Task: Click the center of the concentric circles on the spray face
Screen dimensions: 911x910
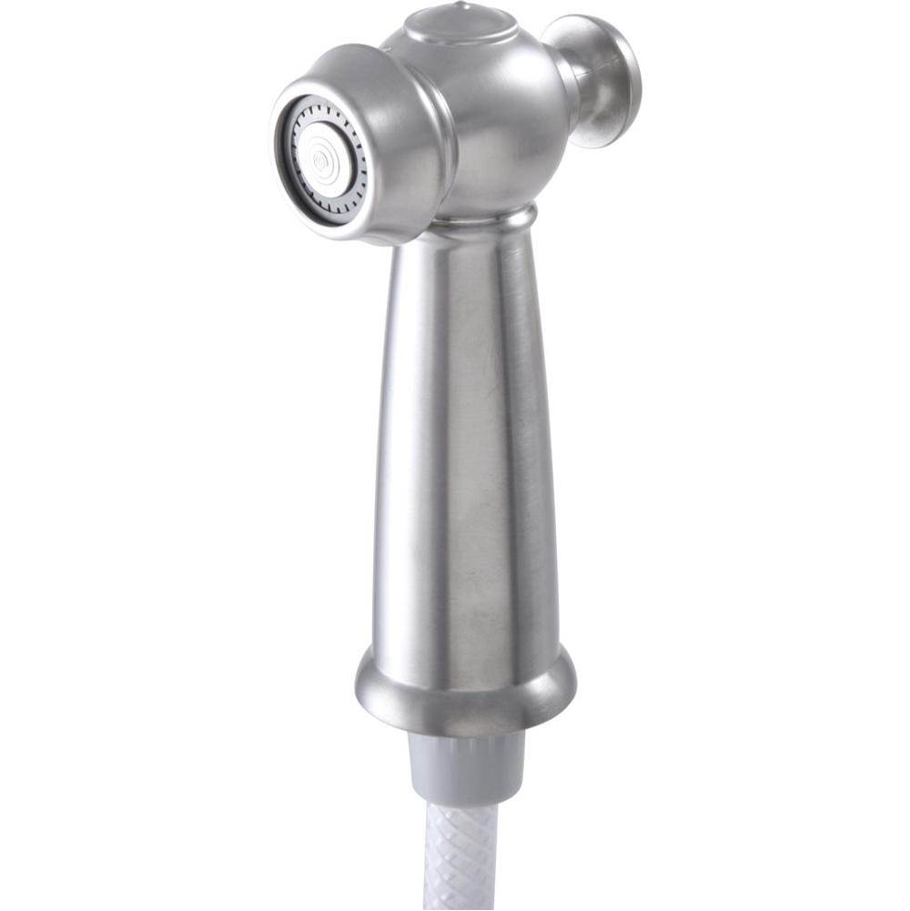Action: click(321, 161)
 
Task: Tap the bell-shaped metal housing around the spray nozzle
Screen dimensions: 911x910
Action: click(400, 109)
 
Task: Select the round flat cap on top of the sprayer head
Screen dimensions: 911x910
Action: click(460, 26)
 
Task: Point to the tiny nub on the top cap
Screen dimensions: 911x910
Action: click(462, 7)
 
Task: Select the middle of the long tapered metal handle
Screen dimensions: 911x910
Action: click(464, 437)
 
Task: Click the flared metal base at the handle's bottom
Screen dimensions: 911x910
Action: click(464, 687)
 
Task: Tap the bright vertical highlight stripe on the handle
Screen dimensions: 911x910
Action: click(428, 437)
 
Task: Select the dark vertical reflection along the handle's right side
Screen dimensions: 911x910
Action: click(537, 437)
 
